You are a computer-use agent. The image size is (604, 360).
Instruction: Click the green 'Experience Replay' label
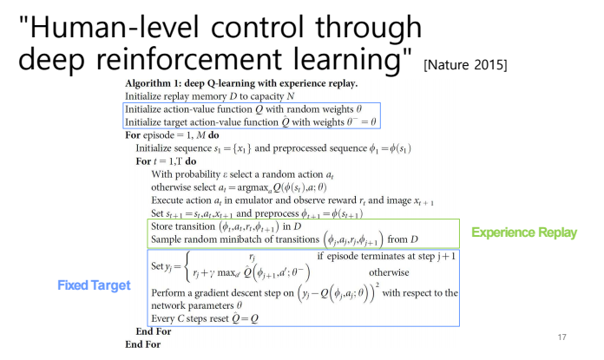click(x=524, y=232)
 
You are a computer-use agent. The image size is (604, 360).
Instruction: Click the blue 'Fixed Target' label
click(x=94, y=285)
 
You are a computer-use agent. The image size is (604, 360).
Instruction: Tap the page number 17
click(x=562, y=337)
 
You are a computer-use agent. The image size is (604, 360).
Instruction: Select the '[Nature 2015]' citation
click(x=465, y=65)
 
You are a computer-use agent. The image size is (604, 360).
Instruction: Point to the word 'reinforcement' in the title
click(x=189, y=59)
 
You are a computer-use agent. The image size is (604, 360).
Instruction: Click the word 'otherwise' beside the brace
click(x=389, y=272)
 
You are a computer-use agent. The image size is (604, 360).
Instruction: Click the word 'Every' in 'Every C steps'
click(x=163, y=319)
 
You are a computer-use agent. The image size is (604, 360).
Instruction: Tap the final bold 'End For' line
click(x=143, y=344)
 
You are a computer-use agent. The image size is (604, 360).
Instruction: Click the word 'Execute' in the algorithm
click(x=167, y=200)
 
